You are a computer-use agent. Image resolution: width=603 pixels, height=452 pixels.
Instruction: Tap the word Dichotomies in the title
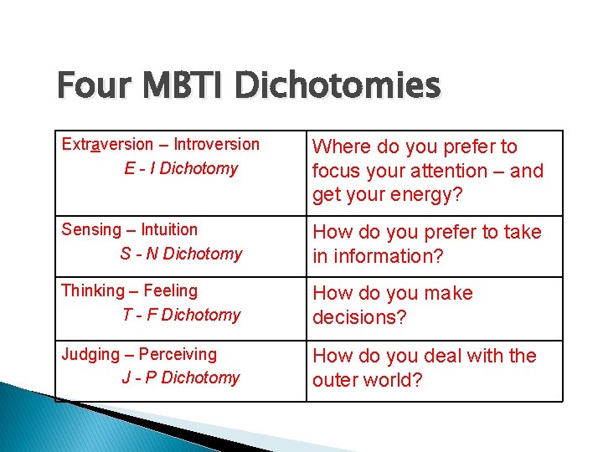pos(338,85)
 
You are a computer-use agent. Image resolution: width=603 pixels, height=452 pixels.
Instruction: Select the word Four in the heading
pos(92,85)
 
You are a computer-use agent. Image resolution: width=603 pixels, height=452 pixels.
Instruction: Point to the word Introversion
pos(217,144)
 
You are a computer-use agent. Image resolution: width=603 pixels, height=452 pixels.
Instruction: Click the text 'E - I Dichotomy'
pos(181,168)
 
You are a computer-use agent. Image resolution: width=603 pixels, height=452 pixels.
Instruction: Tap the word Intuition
pos(169,229)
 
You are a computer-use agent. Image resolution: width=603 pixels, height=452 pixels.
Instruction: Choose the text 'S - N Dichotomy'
pos(181,254)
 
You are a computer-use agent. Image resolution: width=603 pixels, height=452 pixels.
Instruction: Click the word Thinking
pos(92,290)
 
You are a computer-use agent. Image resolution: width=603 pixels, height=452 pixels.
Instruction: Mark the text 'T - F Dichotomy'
pos(181,315)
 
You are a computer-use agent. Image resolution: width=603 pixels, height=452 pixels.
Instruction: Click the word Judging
pos(90,354)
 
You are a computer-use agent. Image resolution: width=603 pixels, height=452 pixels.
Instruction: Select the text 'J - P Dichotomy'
pos(181,378)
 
